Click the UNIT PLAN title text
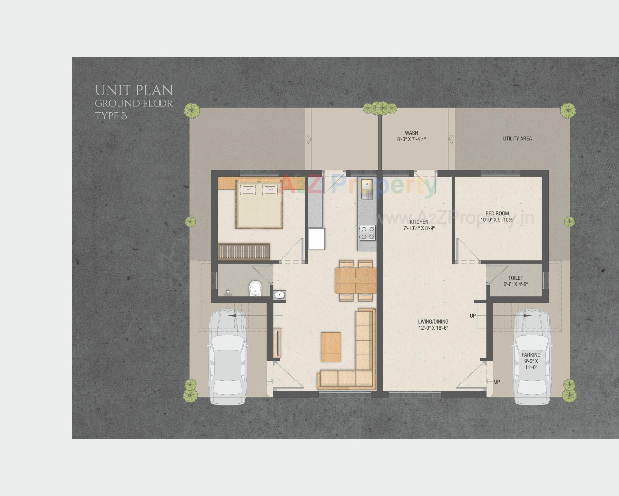134,90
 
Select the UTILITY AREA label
517,139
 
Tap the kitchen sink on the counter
367,185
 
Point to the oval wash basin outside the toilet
279,294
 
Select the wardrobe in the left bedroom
244,252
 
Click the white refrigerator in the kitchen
317,239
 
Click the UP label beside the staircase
473,316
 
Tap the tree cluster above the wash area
380,108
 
